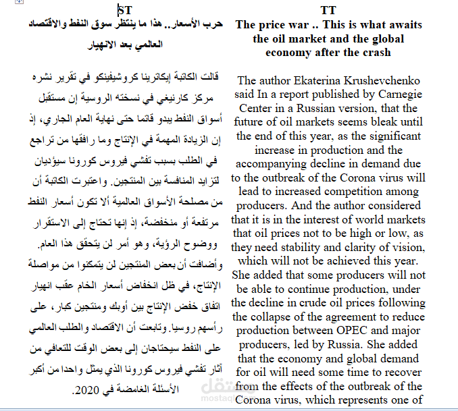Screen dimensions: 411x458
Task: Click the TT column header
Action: coord(328,11)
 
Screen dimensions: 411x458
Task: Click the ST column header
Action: coord(125,10)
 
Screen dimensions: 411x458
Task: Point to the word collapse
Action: coord(270,317)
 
